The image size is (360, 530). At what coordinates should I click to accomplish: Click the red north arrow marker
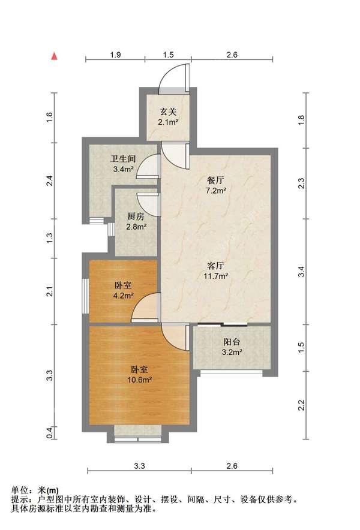[55, 56]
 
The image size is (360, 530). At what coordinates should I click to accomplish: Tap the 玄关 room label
[167, 112]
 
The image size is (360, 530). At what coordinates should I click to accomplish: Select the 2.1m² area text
[167, 122]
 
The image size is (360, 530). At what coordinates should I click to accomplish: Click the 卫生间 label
[122, 159]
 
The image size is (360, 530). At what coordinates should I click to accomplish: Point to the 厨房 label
[136, 216]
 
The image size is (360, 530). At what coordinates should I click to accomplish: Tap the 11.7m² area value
[215, 276]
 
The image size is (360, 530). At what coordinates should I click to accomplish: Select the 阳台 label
[232, 342]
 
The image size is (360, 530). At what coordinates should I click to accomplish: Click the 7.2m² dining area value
[215, 191]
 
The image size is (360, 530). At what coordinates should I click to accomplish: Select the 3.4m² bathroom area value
[122, 170]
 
